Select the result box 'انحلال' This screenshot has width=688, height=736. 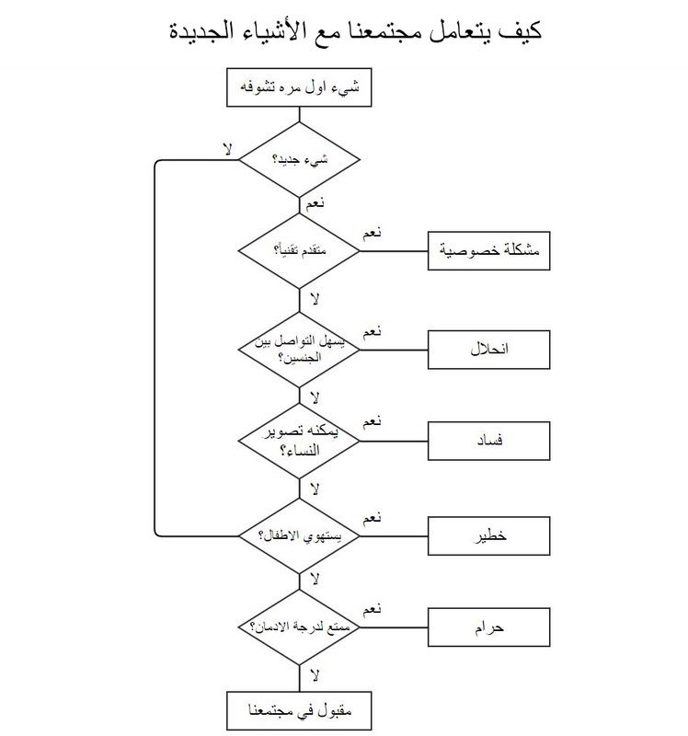tap(490, 349)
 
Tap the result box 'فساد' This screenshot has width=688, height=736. tap(490, 441)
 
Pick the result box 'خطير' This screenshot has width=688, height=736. tap(490, 535)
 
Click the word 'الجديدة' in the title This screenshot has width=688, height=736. tap(217, 31)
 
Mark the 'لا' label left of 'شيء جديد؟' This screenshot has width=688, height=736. tap(226, 146)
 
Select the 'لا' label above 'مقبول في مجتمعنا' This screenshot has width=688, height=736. tap(314, 675)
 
